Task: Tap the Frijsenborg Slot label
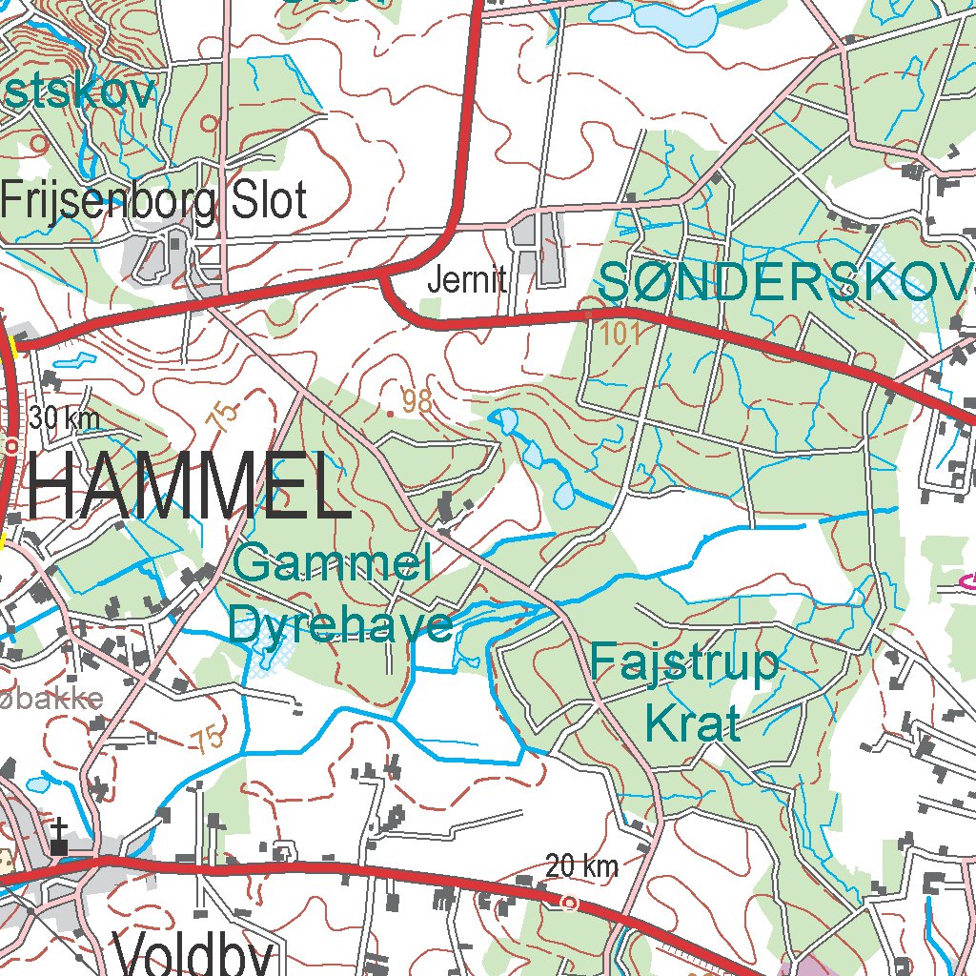pyautogui.click(x=154, y=201)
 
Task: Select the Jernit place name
pyautogui.click(x=467, y=281)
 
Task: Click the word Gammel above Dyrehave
pyautogui.click(x=331, y=564)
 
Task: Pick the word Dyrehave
pyautogui.click(x=340, y=625)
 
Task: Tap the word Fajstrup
pyautogui.click(x=684, y=661)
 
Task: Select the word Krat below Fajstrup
pyautogui.click(x=692, y=723)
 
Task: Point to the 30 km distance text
pyautogui.click(x=64, y=418)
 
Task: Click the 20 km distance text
pyautogui.click(x=581, y=866)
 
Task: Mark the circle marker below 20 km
pyautogui.click(x=569, y=902)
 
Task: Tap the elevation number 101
pyautogui.click(x=621, y=334)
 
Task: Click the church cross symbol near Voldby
pyautogui.click(x=60, y=837)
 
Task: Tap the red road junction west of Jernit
pyautogui.click(x=383, y=275)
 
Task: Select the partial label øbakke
pyautogui.click(x=52, y=699)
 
